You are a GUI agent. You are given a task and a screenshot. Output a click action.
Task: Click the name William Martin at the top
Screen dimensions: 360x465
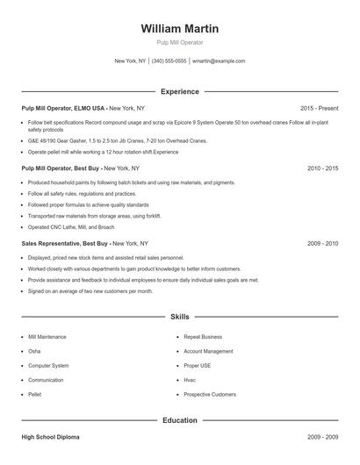pos(179,29)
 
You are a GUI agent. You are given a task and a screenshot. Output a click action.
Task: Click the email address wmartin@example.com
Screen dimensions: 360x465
pos(219,61)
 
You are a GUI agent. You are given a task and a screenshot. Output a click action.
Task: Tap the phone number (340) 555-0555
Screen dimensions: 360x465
pos(169,61)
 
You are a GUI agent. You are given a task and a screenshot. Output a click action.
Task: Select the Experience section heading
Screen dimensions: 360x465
pos(179,91)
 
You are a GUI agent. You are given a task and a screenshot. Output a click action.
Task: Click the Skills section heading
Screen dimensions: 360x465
pos(179,316)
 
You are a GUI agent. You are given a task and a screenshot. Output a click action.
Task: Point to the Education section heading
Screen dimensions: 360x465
pos(179,420)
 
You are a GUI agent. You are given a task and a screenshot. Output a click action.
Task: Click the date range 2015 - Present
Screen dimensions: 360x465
pos(319,108)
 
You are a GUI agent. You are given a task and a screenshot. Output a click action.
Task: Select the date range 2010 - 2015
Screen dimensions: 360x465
pos(322,168)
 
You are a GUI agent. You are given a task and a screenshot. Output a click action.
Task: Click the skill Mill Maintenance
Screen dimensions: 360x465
pos(47,337)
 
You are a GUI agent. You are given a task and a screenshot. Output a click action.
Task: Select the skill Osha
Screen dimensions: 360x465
pos(34,351)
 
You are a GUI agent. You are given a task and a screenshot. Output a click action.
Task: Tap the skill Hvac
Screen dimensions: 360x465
pos(191,380)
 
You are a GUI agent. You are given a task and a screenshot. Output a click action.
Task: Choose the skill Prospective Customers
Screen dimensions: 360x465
pos(210,395)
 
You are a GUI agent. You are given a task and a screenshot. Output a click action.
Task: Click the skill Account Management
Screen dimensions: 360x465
pos(208,351)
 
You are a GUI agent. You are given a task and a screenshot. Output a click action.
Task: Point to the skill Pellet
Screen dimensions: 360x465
pos(35,395)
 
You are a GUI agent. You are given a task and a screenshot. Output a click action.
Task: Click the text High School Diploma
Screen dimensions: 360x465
pos(53,436)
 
